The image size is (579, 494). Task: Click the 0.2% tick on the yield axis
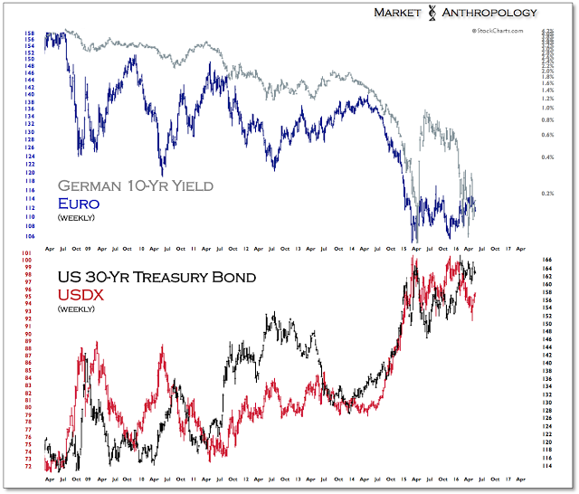(547, 194)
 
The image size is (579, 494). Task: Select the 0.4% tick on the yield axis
(547, 157)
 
